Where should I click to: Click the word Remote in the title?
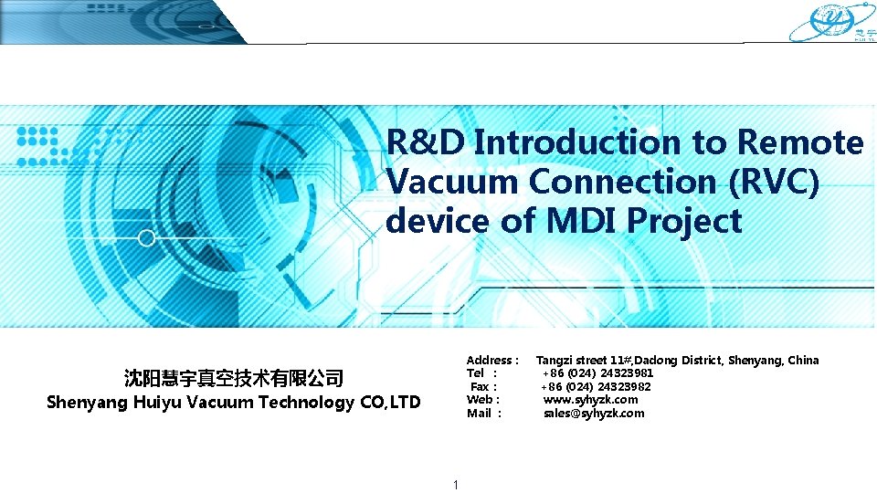(x=800, y=142)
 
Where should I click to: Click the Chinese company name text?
(x=233, y=378)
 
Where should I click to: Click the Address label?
(x=492, y=361)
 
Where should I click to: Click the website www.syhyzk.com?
(x=590, y=400)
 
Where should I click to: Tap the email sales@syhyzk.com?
(x=594, y=414)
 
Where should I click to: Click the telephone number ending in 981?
(x=597, y=373)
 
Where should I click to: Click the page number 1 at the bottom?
(x=455, y=484)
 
